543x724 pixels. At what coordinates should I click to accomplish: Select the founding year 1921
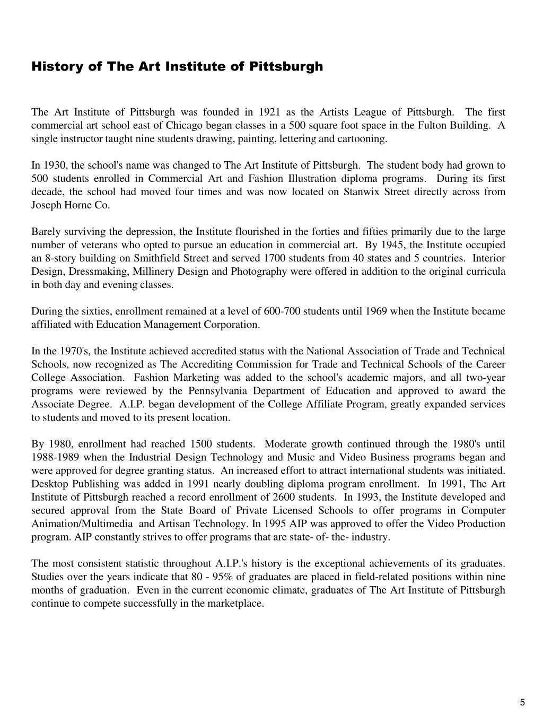point(269,112)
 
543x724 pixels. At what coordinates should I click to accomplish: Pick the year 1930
point(52,165)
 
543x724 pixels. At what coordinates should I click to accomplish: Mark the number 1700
point(274,258)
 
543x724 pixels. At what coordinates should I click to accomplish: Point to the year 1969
point(376,311)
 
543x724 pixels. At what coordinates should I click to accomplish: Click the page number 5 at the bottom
point(522,703)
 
